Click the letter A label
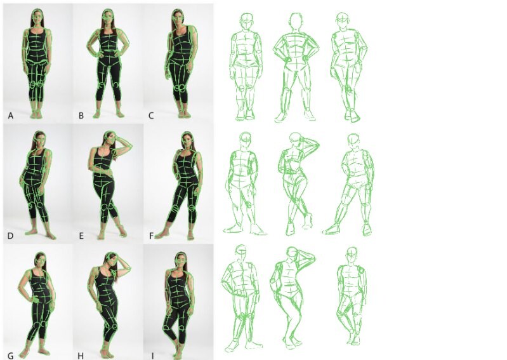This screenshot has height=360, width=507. [10, 116]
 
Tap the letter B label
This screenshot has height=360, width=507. [81, 116]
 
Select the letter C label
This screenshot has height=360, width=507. [150, 116]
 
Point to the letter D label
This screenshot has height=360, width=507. [11, 234]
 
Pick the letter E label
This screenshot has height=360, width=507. [81, 234]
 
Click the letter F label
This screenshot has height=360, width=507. [150, 234]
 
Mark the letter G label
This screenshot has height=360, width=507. [11, 352]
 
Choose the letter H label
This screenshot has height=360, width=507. [81, 352]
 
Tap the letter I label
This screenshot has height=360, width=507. [150, 352]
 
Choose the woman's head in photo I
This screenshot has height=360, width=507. [180, 261]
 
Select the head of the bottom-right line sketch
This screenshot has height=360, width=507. [350, 255]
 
